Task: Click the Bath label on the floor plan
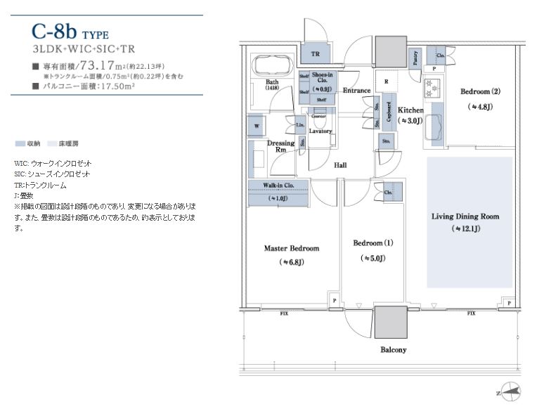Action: click(272, 83)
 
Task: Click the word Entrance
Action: click(357, 91)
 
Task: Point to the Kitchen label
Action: click(410, 110)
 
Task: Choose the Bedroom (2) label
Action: click(480, 91)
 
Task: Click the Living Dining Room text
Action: click(465, 216)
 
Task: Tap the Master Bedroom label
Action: click(291, 248)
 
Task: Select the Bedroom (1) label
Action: click(373, 243)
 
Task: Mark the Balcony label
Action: click(393, 349)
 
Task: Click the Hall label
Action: click(340, 165)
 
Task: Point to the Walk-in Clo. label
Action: click(278, 186)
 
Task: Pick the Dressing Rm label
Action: click(280, 146)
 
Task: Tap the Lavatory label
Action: click(320, 131)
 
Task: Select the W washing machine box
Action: click(256, 127)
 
